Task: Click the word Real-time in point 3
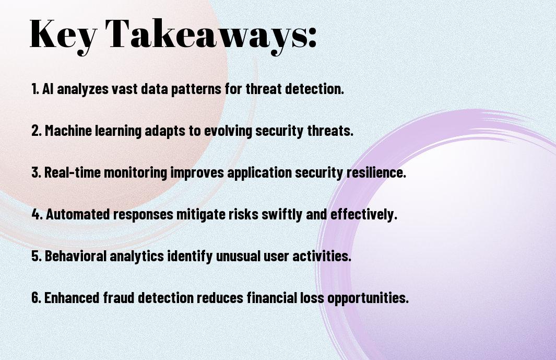pyautogui.click(x=73, y=172)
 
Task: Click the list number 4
pyautogui.click(x=37, y=214)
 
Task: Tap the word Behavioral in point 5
pyautogui.click(x=76, y=256)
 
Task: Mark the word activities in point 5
pyautogui.click(x=322, y=256)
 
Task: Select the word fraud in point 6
pyautogui.click(x=119, y=297)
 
